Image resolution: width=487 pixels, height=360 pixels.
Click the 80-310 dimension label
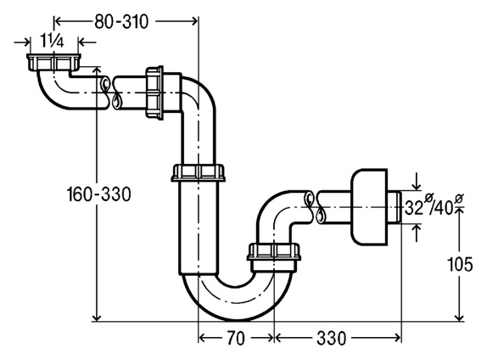[121, 22]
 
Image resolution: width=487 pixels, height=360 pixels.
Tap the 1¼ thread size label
[52, 42]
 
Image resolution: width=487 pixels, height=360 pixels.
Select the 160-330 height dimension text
[99, 194]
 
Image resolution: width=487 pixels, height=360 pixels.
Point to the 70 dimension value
[236, 338]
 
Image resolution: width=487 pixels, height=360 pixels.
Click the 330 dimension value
[331, 338]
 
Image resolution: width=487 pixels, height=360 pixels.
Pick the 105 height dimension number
[460, 265]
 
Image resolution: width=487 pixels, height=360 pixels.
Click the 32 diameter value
[414, 208]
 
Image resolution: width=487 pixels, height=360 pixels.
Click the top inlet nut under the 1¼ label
[53, 62]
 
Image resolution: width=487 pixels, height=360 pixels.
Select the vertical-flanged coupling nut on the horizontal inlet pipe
[154, 93]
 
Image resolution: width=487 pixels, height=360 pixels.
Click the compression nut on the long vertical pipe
[199, 173]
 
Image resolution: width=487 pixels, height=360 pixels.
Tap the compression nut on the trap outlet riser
[274, 252]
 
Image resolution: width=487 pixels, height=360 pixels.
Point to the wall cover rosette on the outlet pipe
[369, 206]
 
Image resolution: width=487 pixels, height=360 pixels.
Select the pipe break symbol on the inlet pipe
[110, 93]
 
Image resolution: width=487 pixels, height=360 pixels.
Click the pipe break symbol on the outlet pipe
[314, 207]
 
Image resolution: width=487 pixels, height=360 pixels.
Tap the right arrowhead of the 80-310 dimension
[194, 21]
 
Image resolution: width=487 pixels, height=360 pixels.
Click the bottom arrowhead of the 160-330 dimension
[98, 317]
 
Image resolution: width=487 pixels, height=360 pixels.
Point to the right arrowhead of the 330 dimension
[397, 338]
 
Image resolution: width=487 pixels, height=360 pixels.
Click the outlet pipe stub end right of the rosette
[395, 206]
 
